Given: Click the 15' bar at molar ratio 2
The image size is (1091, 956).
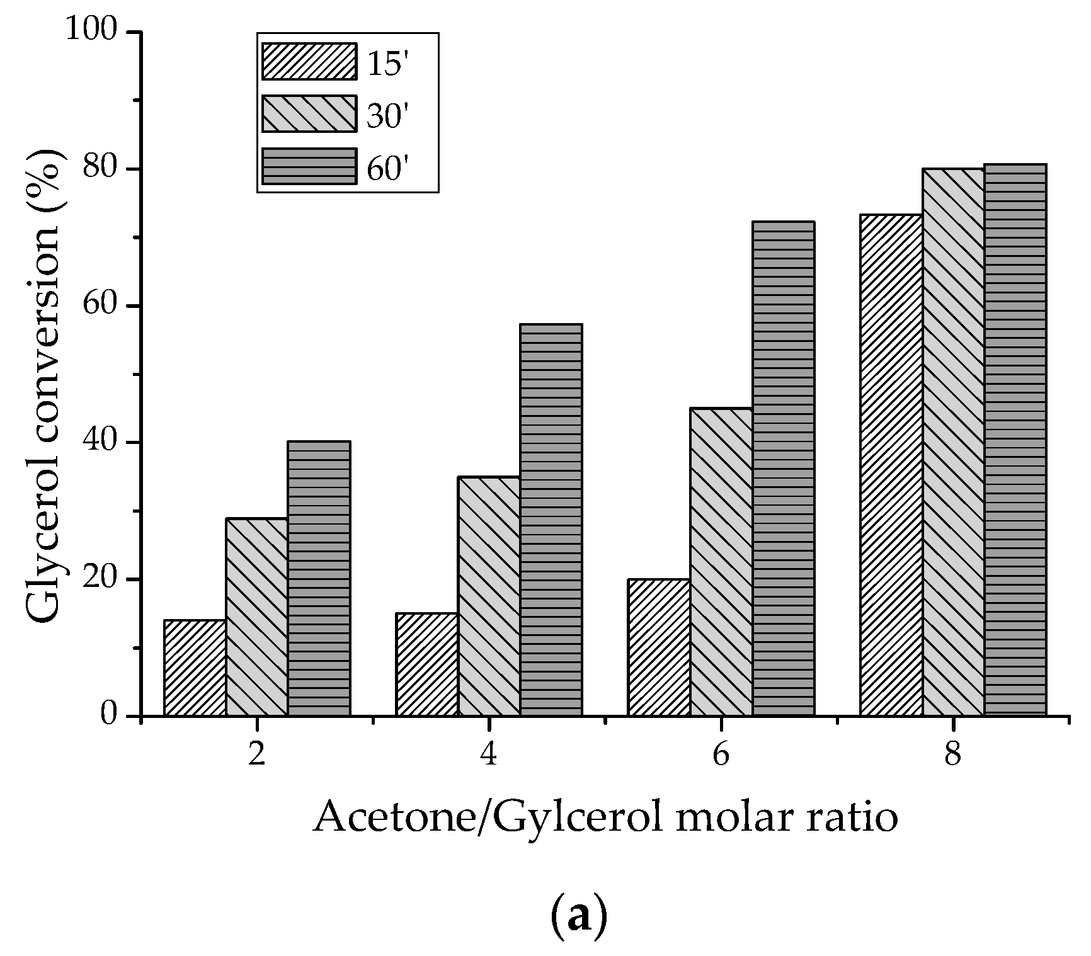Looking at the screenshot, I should coord(195,668).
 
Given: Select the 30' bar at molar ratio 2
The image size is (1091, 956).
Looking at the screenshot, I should coord(257,617).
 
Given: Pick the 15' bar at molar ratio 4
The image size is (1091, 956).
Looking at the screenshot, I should coord(427,664).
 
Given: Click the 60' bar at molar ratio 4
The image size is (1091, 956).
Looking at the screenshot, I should coord(551,520).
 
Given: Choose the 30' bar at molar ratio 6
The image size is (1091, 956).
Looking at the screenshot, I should coord(721,562).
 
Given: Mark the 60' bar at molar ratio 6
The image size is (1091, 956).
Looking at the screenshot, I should coord(784,469).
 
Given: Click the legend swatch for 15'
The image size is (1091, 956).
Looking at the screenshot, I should coord(309,62).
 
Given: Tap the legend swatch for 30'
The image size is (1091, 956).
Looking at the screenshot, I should coord(309,114).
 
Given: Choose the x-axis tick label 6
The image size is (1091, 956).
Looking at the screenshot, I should coord(721,754).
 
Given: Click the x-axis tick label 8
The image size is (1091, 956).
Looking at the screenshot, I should coord(953,754).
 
